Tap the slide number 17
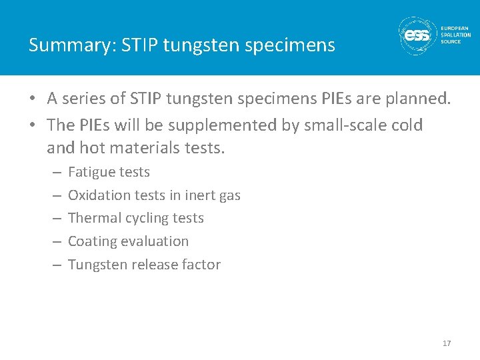(x=447, y=343)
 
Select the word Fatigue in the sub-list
(x=90, y=172)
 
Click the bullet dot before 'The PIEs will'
(x=33, y=126)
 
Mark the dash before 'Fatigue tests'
(x=56, y=173)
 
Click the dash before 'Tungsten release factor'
(x=56, y=265)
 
